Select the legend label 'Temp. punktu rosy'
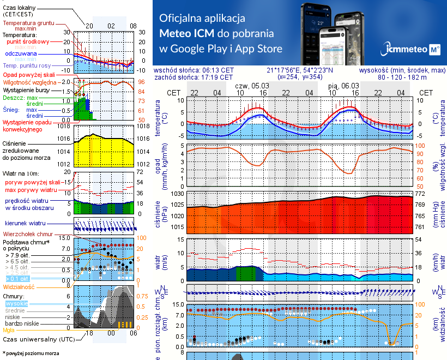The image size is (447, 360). tap(29, 65)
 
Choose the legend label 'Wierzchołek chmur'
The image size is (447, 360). tap(27, 233)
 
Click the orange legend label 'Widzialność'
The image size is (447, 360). tap(19, 286)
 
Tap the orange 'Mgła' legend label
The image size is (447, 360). tap(9, 330)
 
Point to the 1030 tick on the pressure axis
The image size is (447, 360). tap(178, 194)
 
